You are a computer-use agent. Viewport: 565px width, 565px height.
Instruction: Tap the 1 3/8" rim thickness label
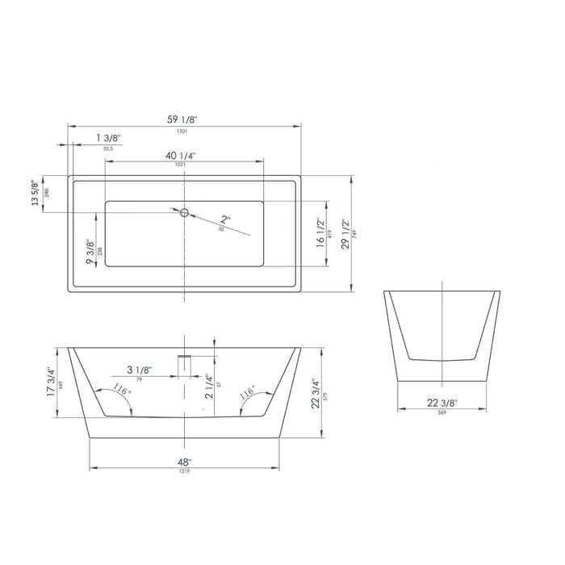pos(109,139)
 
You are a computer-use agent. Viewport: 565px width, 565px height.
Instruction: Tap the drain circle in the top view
pos(184,212)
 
